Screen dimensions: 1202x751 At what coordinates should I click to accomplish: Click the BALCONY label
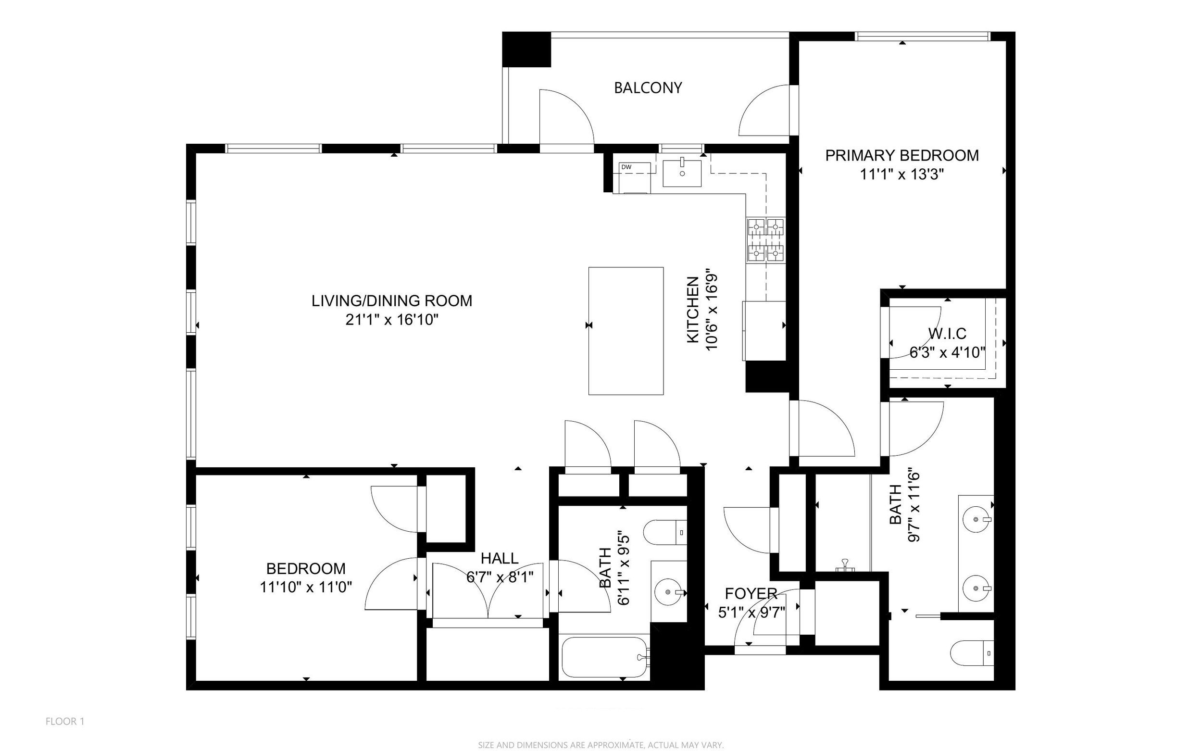[648, 88]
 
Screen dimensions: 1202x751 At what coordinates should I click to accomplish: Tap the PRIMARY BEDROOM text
[902, 155]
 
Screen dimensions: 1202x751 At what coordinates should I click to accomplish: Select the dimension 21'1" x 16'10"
[392, 319]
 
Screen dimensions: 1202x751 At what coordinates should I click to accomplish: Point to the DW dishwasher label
[626, 167]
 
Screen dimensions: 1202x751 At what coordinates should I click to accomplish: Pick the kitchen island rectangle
[626, 331]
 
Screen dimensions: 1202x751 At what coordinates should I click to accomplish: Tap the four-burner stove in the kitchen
[765, 240]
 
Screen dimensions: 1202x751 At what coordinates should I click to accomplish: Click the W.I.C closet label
[947, 333]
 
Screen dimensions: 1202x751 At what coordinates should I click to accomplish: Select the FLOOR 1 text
[65, 721]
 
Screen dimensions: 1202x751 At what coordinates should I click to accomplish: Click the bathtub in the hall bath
[605, 657]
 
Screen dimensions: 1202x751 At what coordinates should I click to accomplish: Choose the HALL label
[500, 558]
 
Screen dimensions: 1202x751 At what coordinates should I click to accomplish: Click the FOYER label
[751, 594]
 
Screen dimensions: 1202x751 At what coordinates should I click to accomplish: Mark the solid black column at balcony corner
[526, 49]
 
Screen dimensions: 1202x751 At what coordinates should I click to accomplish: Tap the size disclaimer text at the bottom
[601, 745]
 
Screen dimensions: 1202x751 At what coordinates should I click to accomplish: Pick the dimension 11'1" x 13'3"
[902, 175]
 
